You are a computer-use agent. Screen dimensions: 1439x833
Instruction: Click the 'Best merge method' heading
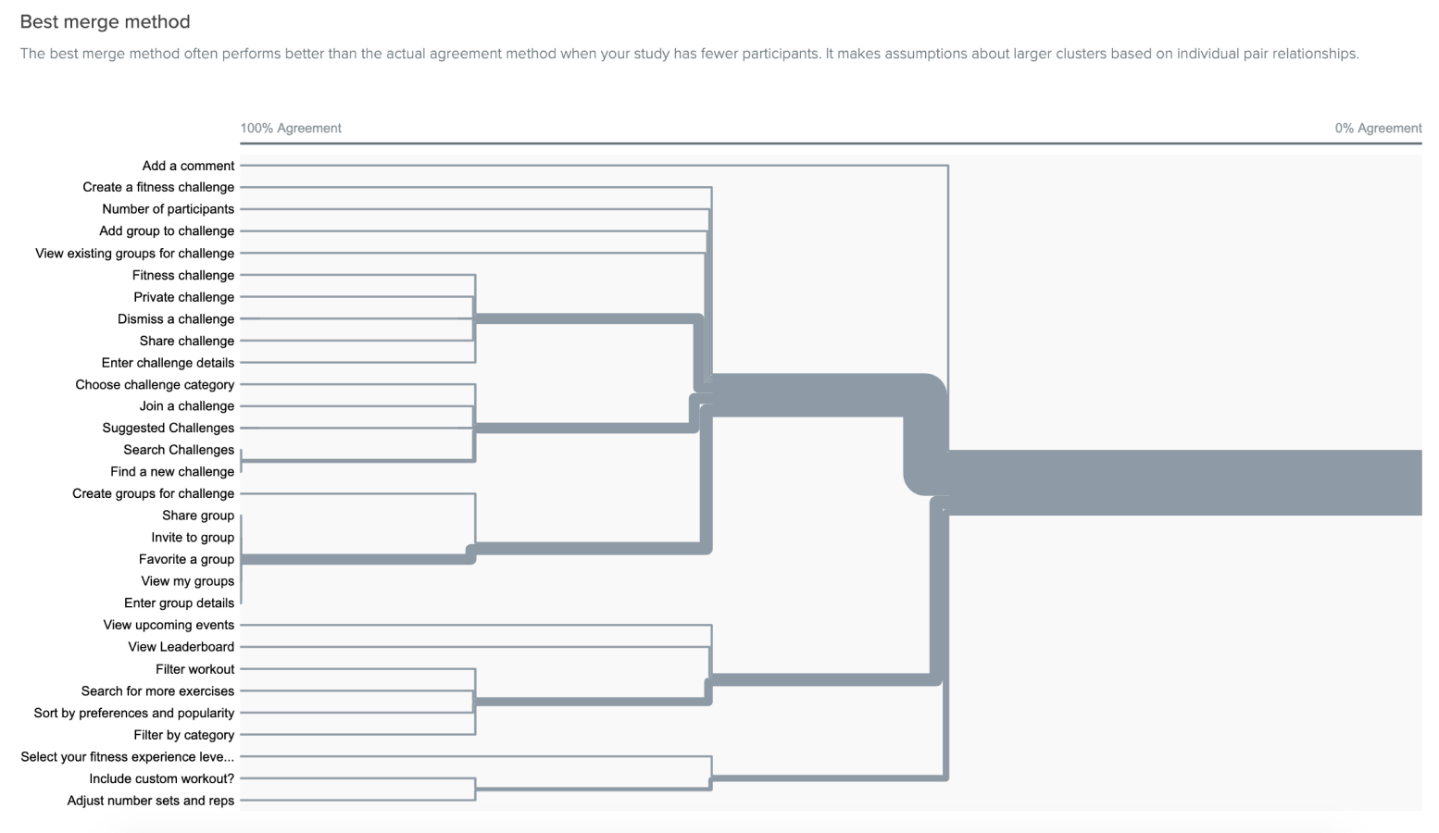click(x=106, y=22)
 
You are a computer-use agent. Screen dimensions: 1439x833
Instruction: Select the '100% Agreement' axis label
click(x=291, y=128)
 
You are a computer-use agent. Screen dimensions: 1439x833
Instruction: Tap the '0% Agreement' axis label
click(x=1378, y=128)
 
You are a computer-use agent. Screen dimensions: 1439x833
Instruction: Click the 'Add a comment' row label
click(x=188, y=166)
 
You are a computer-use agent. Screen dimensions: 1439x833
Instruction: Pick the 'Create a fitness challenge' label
click(x=158, y=187)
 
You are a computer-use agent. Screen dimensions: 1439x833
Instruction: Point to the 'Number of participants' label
click(x=169, y=209)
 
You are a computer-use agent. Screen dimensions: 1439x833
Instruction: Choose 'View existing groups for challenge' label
click(x=135, y=253)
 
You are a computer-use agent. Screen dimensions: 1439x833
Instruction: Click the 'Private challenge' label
click(x=183, y=297)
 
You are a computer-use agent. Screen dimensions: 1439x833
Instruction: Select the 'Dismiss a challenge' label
click(x=176, y=318)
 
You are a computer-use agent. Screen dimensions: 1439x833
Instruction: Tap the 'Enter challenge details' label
click(x=168, y=362)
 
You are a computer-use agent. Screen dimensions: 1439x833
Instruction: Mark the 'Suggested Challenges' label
click(x=169, y=428)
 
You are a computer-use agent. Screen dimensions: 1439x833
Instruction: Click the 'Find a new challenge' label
click(x=172, y=471)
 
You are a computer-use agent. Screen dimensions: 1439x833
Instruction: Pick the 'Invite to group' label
click(x=193, y=537)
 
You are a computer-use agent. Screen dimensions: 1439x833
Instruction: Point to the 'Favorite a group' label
click(x=186, y=559)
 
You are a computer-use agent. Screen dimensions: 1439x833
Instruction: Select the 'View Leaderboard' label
click(x=181, y=647)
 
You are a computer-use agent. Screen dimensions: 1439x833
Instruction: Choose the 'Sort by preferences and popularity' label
click(x=134, y=713)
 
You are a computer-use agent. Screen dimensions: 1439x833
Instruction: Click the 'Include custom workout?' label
click(x=162, y=778)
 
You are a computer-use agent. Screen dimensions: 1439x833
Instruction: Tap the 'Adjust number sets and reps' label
click(x=151, y=801)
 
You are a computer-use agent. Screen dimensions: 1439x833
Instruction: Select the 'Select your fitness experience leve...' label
click(x=127, y=756)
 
